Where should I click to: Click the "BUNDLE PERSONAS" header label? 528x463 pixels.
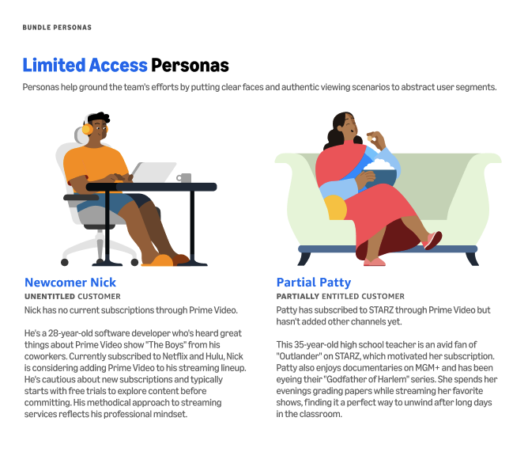[x=57, y=28]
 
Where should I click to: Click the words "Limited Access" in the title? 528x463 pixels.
[x=85, y=65]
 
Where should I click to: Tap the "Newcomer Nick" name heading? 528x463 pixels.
[x=70, y=283]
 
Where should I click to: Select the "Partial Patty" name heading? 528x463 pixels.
[x=313, y=283]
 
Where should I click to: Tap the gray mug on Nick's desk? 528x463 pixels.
[x=184, y=178]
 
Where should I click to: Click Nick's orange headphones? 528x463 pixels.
[x=87, y=128]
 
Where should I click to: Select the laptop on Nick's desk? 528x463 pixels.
[x=155, y=173]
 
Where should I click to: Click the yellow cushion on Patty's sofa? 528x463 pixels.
[x=335, y=207]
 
